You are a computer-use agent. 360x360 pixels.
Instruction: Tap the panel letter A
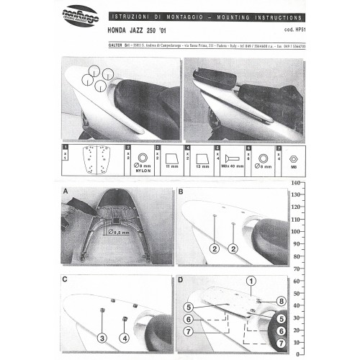66,192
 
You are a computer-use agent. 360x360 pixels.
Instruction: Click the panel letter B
181,192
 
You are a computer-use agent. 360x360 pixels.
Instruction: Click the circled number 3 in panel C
102,337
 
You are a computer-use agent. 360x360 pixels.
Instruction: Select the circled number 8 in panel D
282,301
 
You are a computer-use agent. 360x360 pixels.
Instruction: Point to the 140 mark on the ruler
294,184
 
